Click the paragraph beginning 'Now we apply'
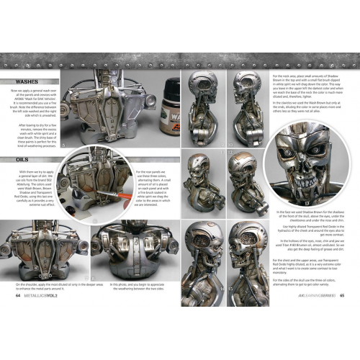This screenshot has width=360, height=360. pyautogui.click(x=34, y=104)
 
